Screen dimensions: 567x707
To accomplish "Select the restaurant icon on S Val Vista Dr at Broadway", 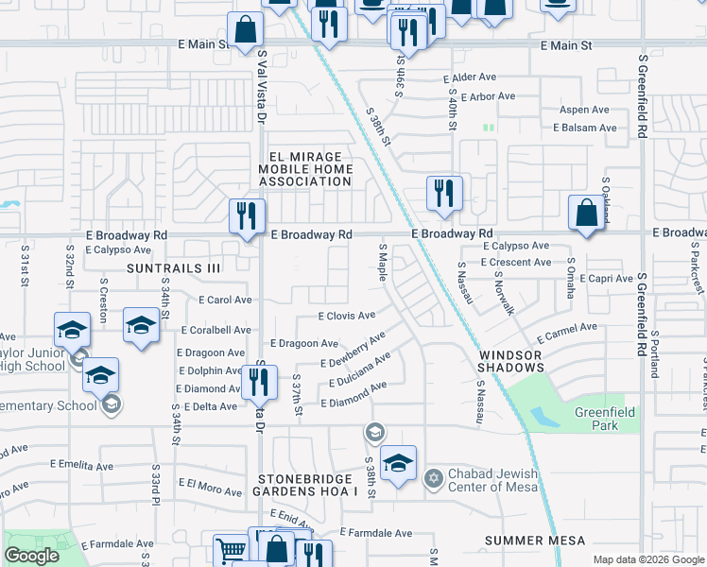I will [x=247, y=216].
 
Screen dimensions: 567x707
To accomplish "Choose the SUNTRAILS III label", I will [x=175, y=268].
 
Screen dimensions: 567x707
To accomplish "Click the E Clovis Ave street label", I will [x=347, y=316].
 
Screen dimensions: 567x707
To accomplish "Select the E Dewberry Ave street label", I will [x=353, y=350].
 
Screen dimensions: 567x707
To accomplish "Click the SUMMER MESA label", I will [x=534, y=541].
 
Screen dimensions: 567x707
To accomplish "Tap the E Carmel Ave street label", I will [x=567, y=333].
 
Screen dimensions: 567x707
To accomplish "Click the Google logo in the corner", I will [x=31, y=556].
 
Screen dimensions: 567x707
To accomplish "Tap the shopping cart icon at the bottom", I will [x=231, y=550].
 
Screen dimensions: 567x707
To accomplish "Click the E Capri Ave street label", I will [x=606, y=279].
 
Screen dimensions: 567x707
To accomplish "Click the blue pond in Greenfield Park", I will [x=545, y=418].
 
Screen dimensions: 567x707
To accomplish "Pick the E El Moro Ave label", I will [x=215, y=484].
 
